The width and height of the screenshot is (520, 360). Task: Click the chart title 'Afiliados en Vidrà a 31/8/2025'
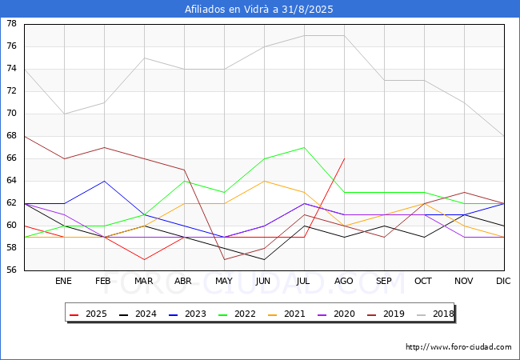click(x=260, y=10)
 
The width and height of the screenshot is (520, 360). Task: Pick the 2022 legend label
click(x=244, y=314)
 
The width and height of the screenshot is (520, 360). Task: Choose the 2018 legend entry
click(x=441, y=314)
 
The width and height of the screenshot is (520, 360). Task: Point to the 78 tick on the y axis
click(x=11, y=24)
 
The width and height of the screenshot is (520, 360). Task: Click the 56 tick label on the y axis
click(x=11, y=270)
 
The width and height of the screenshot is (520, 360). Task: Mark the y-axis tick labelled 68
click(x=11, y=136)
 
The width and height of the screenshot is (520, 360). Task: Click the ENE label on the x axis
click(x=64, y=282)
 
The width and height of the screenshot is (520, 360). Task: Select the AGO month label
click(x=344, y=282)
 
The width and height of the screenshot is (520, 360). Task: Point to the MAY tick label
click(x=224, y=282)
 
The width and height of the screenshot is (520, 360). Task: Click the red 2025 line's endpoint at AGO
click(x=344, y=158)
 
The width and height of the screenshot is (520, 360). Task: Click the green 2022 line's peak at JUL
click(x=304, y=147)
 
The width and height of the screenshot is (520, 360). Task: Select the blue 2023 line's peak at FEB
click(x=104, y=181)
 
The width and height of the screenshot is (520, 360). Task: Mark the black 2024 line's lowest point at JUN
click(x=264, y=259)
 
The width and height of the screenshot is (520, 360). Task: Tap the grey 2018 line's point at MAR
click(x=144, y=58)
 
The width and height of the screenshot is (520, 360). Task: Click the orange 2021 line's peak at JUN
click(x=264, y=181)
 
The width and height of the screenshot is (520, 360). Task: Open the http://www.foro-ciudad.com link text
click(x=458, y=347)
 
